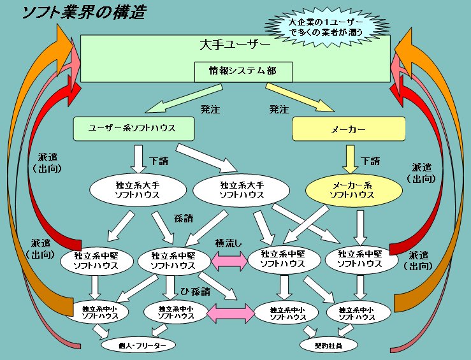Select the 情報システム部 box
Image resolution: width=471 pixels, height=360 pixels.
243,71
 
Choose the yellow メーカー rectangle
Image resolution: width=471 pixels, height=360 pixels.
349,129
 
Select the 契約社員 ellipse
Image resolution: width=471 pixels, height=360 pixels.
328,345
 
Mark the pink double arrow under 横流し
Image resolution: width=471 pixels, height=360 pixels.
228,259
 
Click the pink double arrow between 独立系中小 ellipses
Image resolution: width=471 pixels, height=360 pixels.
230,312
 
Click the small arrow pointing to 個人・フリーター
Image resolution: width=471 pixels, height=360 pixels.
100,331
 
